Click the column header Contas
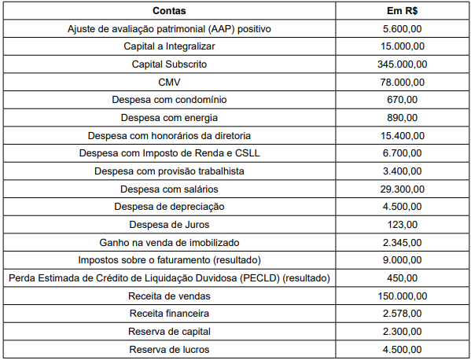coord(170,11)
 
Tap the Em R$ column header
coord(402,11)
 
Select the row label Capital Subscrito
coord(170,64)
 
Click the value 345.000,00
coord(402,64)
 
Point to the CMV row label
coord(170,83)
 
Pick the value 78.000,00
coord(402,83)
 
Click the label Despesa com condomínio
coord(170,100)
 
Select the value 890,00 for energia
coord(402,118)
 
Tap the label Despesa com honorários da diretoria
coord(170,135)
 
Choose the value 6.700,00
coord(402,153)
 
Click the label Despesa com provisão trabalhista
coord(170,171)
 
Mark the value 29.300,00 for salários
coord(402,189)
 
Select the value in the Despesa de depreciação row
coord(402,207)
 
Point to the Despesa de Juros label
coord(170,225)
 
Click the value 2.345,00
coord(402,242)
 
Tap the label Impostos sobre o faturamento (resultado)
coord(170,260)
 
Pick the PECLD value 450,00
coord(402,278)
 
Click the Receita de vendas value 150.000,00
coord(402,296)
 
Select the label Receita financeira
coord(170,314)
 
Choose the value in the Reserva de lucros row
coord(402,349)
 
